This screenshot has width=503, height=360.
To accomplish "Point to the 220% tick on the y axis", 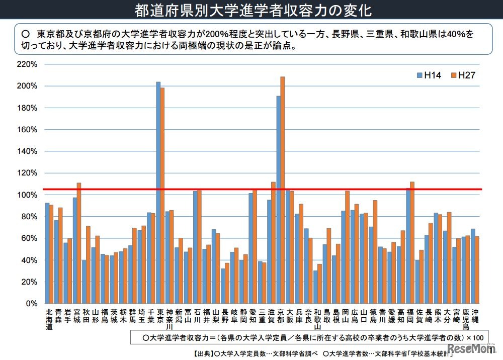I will tap(27, 64).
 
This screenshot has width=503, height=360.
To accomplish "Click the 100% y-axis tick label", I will tap(27, 195).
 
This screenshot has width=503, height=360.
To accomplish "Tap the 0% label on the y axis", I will tap(31, 304).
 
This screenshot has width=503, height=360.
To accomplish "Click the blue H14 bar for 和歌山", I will tap(315, 287).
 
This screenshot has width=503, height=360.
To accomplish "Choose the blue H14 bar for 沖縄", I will tap(472, 266).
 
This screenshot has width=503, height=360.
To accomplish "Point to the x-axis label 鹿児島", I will tap(465, 320).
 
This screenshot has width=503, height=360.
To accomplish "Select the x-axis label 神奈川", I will tap(170, 320).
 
